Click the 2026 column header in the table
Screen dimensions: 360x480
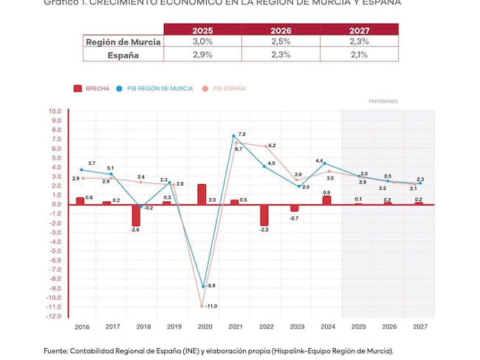coord(281,30)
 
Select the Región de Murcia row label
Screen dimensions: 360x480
coord(123,42)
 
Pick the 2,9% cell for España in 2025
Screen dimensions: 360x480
coord(202,55)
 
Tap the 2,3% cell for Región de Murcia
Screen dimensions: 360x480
coord(360,42)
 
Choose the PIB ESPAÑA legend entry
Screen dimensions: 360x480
coord(224,89)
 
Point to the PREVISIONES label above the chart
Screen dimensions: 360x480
coord(383,101)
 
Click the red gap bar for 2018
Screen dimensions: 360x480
coord(136,215)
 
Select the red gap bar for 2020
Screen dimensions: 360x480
coord(202,194)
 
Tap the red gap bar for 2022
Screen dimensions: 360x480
coord(264,215)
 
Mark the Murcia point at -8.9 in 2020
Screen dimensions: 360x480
coord(202,286)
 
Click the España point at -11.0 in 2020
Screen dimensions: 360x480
coord(202,305)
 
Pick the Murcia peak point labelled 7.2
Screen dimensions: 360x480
coord(233,136)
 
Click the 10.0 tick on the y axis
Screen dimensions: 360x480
coord(55,112)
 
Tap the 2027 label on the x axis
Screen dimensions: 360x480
coord(420,326)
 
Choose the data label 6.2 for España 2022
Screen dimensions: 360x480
coord(272,146)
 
